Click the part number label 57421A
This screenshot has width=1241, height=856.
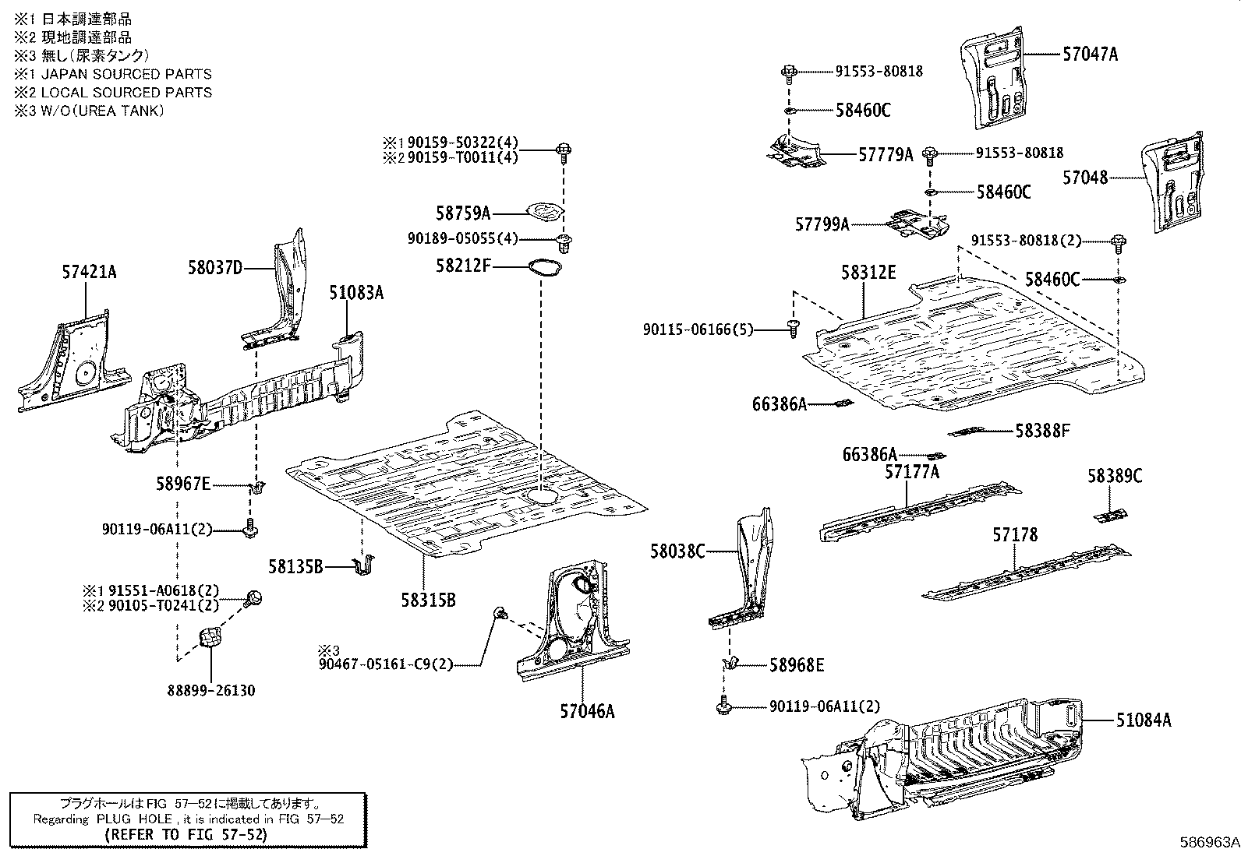(90, 273)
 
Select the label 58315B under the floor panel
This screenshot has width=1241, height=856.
(428, 600)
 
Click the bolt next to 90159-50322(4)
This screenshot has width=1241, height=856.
(563, 150)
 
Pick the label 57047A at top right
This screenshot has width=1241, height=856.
(1090, 55)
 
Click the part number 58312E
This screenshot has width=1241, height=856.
(868, 273)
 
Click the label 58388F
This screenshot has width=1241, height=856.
(1043, 431)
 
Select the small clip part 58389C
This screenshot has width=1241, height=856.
(1110, 516)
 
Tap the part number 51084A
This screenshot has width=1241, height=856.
(1143, 720)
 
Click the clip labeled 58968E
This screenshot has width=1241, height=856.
(730, 664)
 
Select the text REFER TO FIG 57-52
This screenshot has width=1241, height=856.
(186, 834)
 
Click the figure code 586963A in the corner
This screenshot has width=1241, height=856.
(1208, 843)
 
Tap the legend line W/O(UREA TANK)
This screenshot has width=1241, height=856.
(90, 111)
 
